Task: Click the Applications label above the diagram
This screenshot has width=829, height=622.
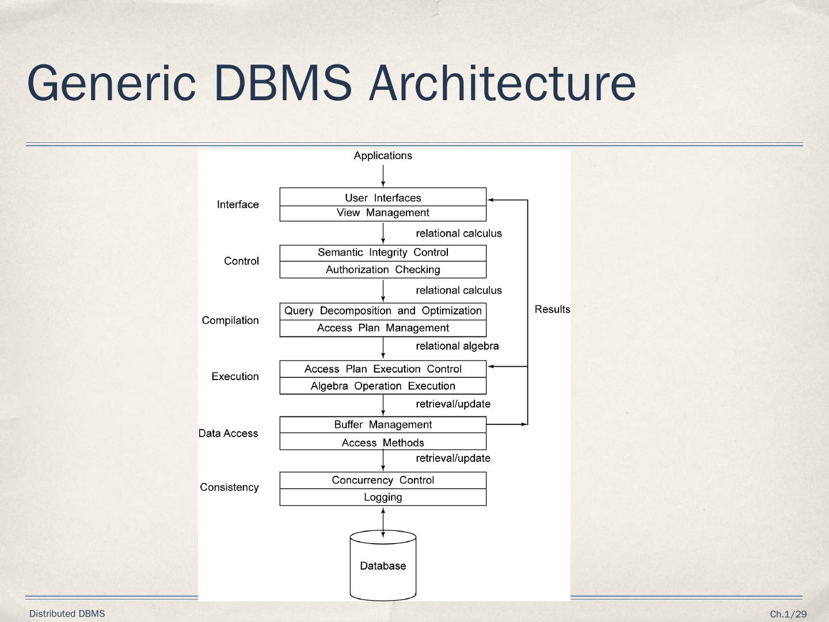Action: pyautogui.click(x=383, y=155)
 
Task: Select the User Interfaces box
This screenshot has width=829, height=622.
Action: pyautogui.click(x=383, y=198)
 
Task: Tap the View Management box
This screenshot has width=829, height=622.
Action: pyautogui.click(x=383, y=213)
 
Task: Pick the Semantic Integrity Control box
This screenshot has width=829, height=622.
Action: pyautogui.click(x=383, y=253)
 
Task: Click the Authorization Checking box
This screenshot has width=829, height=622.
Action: pyautogui.click(x=383, y=270)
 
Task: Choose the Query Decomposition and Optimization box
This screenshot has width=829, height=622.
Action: pyautogui.click(x=383, y=311)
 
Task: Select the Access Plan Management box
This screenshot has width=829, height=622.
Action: pyautogui.click(x=383, y=328)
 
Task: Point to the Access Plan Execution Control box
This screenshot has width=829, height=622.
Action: pyautogui.click(x=383, y=369)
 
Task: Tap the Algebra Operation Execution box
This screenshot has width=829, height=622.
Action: pyautogui.click(x=383, y=386)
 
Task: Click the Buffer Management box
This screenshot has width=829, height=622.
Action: pyautogui.click(x=383, y=425)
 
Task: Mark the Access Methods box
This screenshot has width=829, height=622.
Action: pyautogui.click(x=383, y=442)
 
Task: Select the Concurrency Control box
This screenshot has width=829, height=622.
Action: pyautogui.click(x=383, y=480)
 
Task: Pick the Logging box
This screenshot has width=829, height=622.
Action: pyautogui.click(x=383, y=497)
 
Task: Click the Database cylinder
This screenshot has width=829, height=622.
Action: pyautogui.click(x=383, y=566)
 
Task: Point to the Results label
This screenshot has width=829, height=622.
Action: pyautogui.click(x=552, y=309)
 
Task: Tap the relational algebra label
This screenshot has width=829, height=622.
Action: pyautogui.click(x=457, y=346)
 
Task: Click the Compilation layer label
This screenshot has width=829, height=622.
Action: pyautogui.click(x=230, y=320)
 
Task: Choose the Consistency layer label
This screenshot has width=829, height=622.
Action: pyautogui.click(x=229, y=487)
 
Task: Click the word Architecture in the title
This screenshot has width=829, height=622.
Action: pyautogui.click(x=503, y=83)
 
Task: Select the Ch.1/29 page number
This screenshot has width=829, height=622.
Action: pyautogui.click(x=788, y=615)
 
